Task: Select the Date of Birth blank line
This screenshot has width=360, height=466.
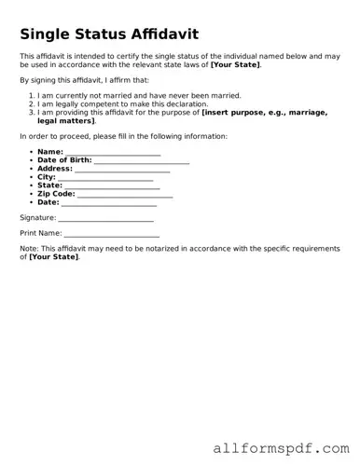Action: tap(142, 160)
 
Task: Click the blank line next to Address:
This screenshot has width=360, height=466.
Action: tap(122, 170)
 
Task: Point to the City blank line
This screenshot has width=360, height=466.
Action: tap(105, 178)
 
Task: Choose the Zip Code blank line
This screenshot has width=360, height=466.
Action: tap(126, 195)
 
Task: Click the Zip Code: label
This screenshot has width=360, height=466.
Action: tap(56, 194)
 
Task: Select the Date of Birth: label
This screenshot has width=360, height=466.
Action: tap(64, 160)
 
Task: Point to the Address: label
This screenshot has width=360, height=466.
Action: tap(54, 169)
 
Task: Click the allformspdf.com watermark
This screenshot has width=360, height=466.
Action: tap(280, 447)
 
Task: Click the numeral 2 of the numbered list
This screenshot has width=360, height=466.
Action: tap(33, 104)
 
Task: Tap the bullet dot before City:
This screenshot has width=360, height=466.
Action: tap(31, 177)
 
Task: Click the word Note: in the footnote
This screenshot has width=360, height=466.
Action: tap(29, 249)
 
